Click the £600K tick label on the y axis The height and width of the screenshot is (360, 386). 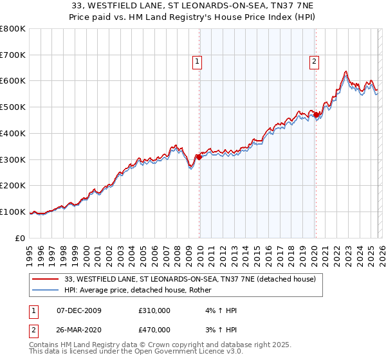coord(13,81)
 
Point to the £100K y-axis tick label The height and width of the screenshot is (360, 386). coord(13,212)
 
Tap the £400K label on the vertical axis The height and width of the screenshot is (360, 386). coord(13,133)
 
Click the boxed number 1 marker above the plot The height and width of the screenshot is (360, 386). coord(196,62)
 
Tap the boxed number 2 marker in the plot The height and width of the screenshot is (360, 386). coord(314,62)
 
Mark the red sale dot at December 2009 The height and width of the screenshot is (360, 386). coord(199,157)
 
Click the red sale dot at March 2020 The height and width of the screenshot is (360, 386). coord(316,115)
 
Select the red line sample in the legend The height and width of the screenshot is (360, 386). coord(46,280)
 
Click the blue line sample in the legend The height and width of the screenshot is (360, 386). coord(46,291)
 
